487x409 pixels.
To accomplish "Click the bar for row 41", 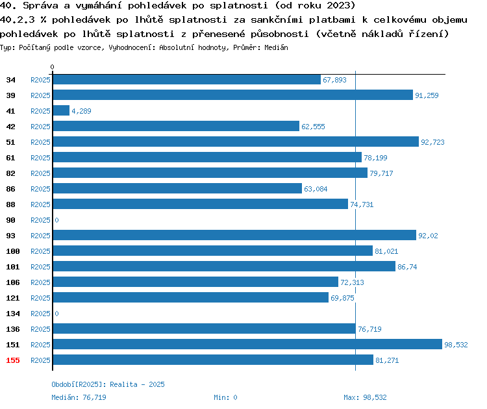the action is (x=61, y=110).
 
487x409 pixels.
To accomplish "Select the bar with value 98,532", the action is (x=247, y=344).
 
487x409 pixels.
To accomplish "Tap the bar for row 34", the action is (x=187, y=79).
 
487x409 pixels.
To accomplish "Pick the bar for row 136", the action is (x=205, y=328).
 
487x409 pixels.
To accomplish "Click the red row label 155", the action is (x=13, y=360).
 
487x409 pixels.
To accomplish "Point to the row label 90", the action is (x=10, y=220).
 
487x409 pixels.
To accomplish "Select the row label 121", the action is (x=13, y=298).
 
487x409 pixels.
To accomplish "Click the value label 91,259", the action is (x=427, y=95).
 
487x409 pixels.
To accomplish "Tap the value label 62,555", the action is (x=313, y=127).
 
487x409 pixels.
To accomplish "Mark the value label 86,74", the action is (x=407, y=267).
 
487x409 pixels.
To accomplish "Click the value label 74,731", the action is (x=362, y=204).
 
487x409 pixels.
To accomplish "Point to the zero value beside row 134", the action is (x=56, y=314).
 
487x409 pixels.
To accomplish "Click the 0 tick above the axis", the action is (x=52, y=67).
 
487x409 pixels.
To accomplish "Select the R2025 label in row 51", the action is (x=40, y=142).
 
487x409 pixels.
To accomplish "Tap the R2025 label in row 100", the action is (x=40, y=251).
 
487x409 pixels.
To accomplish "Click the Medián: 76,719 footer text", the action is (x=79, y=397).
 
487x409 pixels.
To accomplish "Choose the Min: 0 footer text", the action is (x=225, y=397).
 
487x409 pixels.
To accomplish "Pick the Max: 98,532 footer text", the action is (x=365, y=397).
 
